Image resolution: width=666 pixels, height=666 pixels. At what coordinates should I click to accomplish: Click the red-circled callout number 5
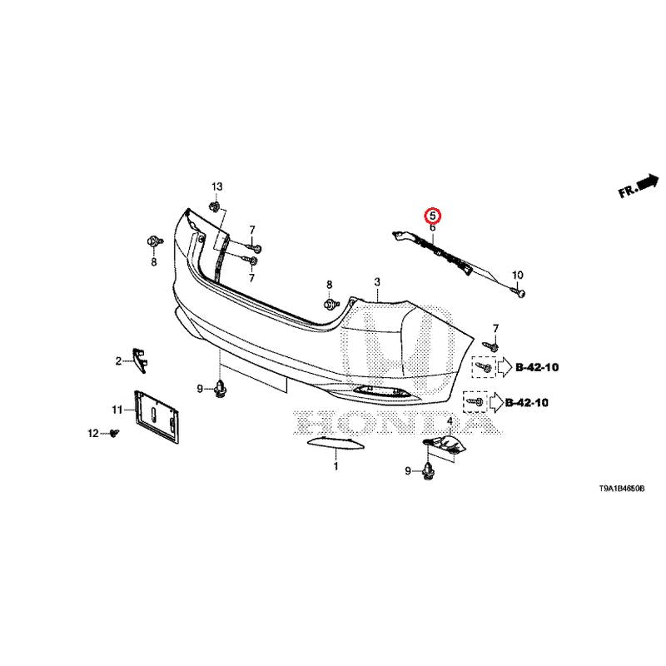coord(432,216)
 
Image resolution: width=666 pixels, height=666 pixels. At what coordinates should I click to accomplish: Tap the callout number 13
coord(217,186)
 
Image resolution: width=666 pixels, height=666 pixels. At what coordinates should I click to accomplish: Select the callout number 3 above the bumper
coord(377,282)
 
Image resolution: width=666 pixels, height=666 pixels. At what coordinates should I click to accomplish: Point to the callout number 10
coord(517,276)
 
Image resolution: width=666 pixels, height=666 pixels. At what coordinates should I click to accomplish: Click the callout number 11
coord(117,410)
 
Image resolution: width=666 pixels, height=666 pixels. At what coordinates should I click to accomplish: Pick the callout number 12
coord(93,433)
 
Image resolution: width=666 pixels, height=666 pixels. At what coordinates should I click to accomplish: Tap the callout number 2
coord(118,361)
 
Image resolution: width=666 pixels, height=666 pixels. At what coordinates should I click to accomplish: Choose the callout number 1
coord(335,466)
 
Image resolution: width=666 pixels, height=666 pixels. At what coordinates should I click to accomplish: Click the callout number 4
coord(450,421)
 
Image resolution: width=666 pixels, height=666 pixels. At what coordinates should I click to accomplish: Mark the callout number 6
coord(432,227)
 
